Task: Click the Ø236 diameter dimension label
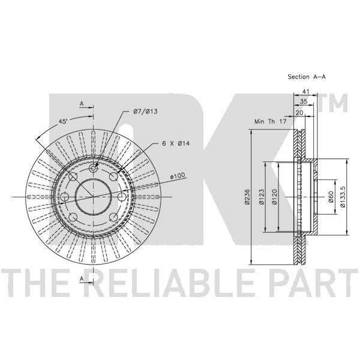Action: pyautogui.click(x=247, y=197)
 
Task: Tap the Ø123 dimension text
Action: pyautogui.click(x=262, y=197)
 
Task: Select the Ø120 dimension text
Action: pyautogui.click(x=275, y=197)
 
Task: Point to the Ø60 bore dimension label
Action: pyautogui.click(x=331, y=197)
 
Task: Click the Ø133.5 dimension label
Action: pyautogui.click(x=343, y=197)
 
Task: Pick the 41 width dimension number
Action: pyautogui.click(x=305, y=91)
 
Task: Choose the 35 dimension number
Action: pyautogui.click(x=304, y=101)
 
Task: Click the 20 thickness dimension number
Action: pyautogui.click(x=299, y=113)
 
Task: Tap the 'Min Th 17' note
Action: pyautogui.click(x=271, y=121)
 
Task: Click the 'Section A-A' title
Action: pyautogui.click(x=307, y=77)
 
